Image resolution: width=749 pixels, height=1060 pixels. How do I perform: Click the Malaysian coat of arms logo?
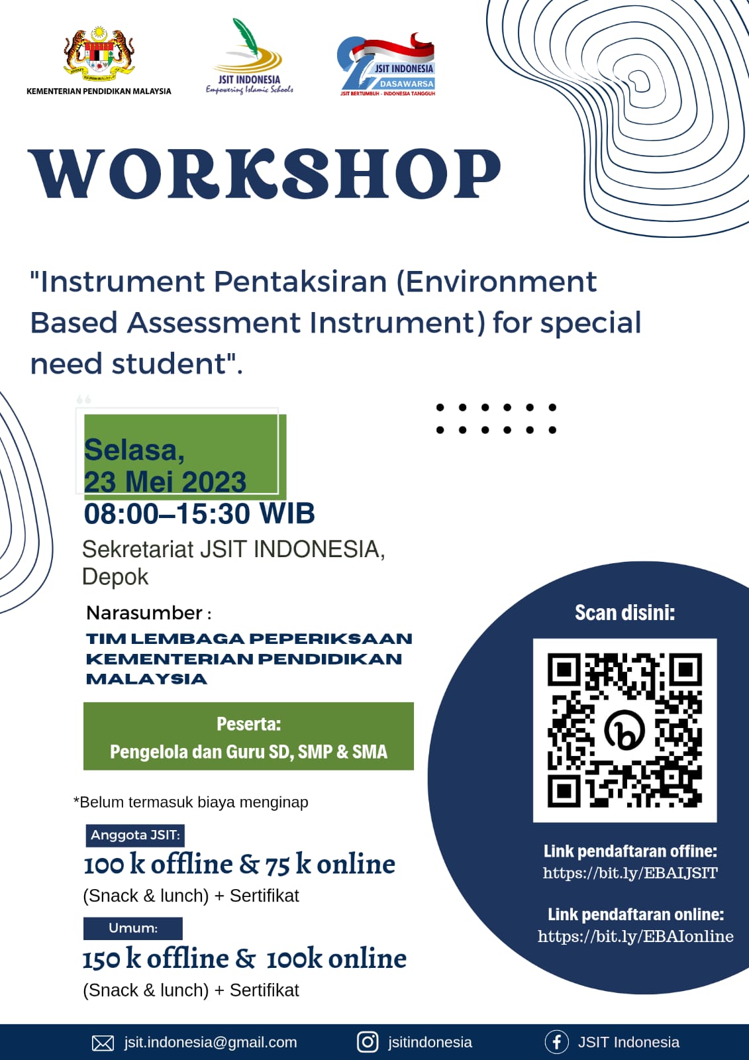[99, 54]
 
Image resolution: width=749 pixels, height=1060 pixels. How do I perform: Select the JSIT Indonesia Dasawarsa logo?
[385, 65]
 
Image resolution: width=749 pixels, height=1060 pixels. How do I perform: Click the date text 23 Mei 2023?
[165, 482]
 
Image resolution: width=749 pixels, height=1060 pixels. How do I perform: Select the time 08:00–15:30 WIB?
[199, 513]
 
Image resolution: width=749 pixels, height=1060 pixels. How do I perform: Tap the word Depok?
[115, 577]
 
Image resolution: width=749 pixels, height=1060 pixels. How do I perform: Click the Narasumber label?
[144, 613]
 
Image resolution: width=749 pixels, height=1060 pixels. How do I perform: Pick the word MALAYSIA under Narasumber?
[146, 679]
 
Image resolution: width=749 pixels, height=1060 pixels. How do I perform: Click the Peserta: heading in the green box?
[249, 724]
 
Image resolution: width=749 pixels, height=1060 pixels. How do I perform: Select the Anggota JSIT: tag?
[135, 835]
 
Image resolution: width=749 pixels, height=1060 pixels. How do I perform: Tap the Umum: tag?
[133, 928]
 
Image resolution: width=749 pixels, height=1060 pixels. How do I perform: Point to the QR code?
[624, 731]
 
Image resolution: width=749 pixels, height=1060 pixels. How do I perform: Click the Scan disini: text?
[624, 613]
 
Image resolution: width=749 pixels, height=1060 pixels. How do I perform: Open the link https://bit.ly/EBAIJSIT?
[630, 873]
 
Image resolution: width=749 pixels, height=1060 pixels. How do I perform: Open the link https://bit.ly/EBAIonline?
[636, 937]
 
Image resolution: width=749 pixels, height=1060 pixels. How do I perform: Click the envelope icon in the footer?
[103, 1043]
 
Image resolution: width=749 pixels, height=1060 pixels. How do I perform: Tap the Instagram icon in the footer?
[367, 1042]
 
